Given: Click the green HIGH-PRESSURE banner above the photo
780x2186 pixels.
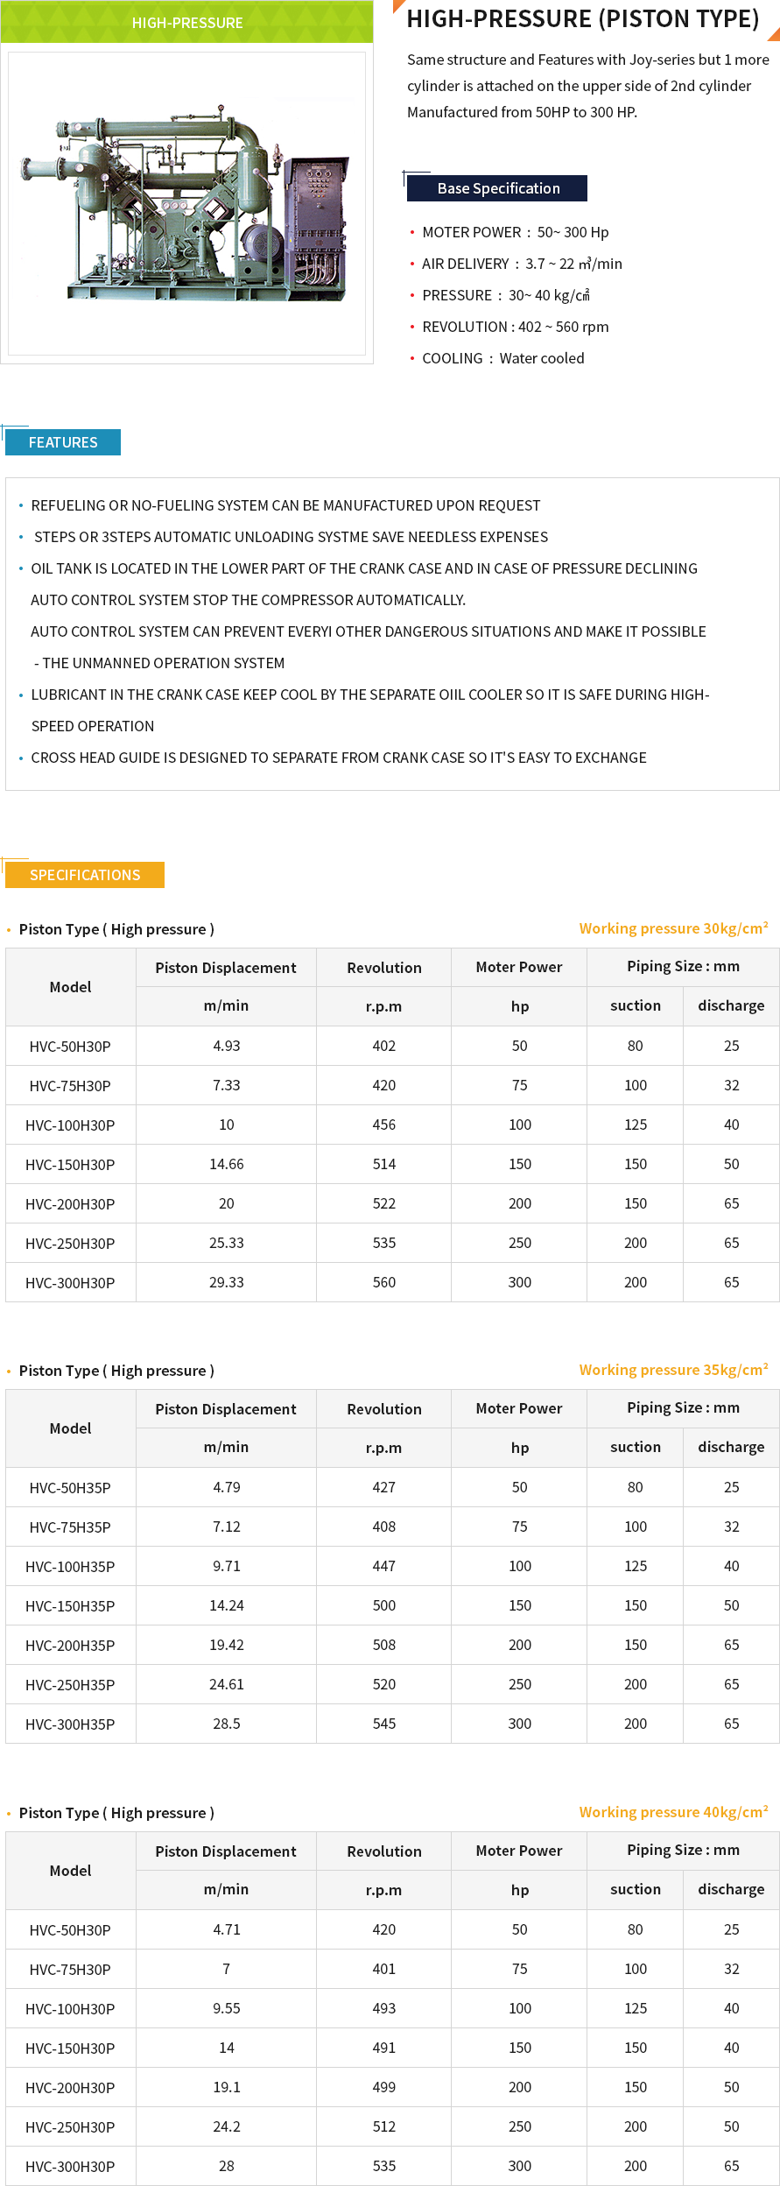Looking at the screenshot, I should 187,23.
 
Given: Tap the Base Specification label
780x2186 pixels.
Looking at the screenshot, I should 497,188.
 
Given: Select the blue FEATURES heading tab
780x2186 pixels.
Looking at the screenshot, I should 63,442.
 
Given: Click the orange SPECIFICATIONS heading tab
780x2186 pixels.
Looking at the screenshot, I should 85,875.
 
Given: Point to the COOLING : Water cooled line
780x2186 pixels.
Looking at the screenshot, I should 502,358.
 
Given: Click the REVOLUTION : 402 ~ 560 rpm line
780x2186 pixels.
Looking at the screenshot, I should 515,327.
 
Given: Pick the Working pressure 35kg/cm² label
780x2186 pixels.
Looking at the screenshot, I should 673,1370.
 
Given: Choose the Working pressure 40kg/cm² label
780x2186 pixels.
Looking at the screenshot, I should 673,1812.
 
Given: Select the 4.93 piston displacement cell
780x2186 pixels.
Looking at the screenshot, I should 226,1046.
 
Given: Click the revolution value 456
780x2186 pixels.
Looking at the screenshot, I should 383,1125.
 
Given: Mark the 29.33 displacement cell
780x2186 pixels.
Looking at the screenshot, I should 226,1282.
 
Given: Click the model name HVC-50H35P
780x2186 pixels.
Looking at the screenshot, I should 70,1488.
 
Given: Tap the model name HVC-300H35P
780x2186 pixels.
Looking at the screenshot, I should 70,1724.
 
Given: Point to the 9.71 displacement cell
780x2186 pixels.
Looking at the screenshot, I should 226,1566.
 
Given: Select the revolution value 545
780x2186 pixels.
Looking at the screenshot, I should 383,1724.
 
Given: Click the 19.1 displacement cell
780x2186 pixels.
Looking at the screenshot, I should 226,2087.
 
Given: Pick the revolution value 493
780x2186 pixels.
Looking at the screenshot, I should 383,2008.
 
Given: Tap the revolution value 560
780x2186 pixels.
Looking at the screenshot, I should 383,1282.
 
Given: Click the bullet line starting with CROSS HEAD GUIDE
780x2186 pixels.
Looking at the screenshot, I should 338,758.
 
